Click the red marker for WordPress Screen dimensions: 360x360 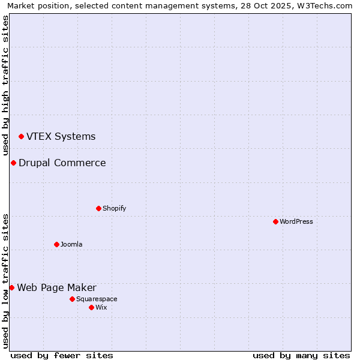tap(275, 221)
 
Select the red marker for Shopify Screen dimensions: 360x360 tap(98, 208)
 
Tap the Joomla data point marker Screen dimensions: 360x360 tap(56, 244)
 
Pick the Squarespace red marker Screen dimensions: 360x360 tap(72, 299)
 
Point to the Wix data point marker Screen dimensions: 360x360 tap(91, 307)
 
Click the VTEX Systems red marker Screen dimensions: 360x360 tap(21, 137)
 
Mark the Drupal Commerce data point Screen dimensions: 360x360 tap(13, 163)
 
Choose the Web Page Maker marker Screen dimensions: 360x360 tap(11, 287)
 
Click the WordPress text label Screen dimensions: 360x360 tap(296, 221)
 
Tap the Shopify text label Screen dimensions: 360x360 tap(115, 208)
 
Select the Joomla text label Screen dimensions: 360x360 tap(71, 244)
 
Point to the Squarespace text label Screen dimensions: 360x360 tap(97, 299)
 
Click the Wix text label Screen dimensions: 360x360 tap(101, 307)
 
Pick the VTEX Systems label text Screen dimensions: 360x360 tap(61, 136)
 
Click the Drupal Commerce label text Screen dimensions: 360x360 tap(62, 163)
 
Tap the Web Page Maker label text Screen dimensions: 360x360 tap(56, 287)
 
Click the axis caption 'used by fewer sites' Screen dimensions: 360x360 tap(62, 355)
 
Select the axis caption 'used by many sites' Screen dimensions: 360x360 tap(301, 355)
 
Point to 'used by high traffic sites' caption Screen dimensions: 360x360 tap(5, 85)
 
